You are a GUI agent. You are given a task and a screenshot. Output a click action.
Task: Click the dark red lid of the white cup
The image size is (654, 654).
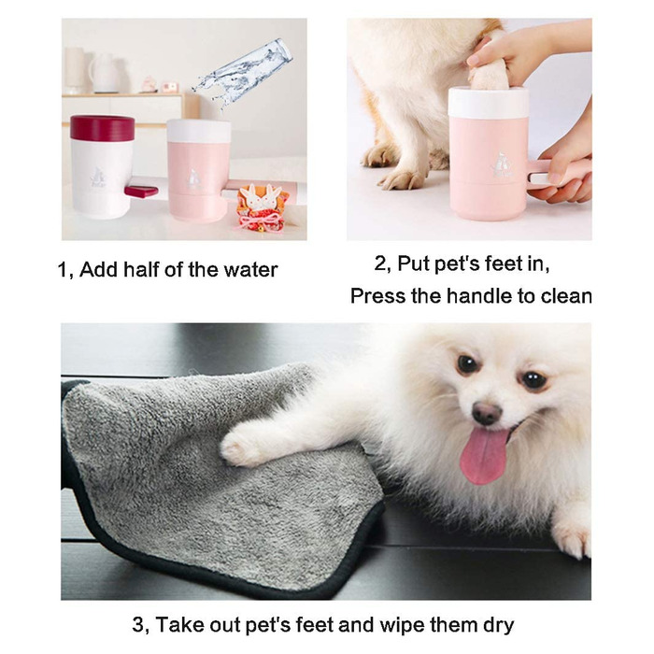click(102, 128)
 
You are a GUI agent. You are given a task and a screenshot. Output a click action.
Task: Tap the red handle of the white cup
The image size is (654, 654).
click(141, 191)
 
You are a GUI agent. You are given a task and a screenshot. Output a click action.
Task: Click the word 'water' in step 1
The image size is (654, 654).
click(249, 270)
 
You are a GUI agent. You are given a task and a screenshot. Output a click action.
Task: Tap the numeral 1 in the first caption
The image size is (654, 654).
click(63, 270)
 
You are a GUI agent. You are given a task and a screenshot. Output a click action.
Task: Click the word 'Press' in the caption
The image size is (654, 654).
click(376, 296)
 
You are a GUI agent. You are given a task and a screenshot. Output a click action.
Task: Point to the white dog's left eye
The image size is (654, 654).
click(533, 379)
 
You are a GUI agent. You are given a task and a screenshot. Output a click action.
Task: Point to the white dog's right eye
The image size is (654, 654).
click(466, 364)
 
